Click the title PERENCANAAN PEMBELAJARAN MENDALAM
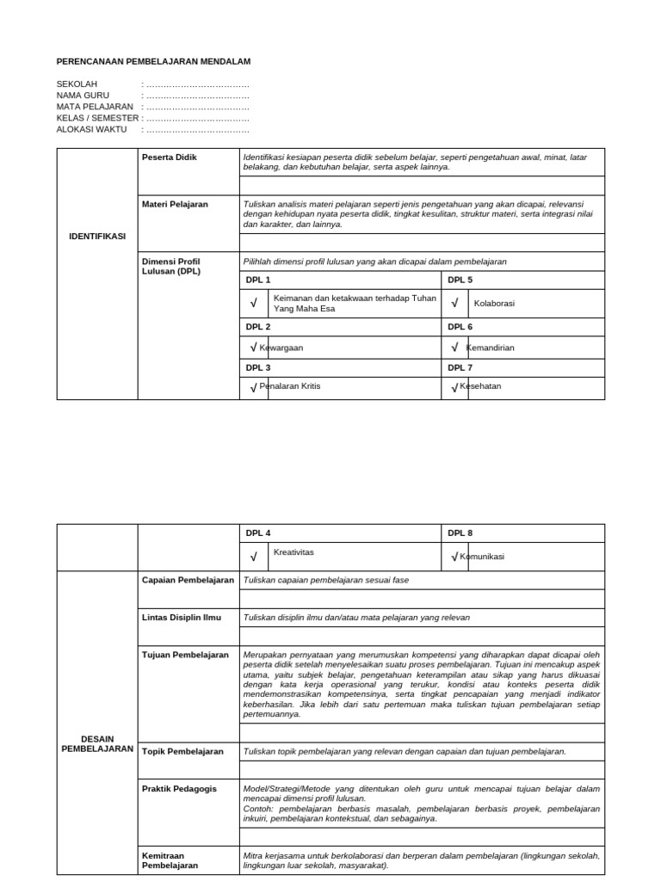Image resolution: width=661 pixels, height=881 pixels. [153, 62]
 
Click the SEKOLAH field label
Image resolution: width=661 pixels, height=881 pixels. [77, 84]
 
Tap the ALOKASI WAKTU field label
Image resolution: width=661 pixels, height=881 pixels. [91, 129]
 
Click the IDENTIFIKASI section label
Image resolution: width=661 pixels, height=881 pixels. [97, 237]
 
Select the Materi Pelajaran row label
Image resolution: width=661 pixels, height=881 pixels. [175, 204]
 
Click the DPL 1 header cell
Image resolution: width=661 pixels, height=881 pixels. [258, 280]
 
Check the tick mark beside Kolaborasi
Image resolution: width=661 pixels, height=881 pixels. [454, 303]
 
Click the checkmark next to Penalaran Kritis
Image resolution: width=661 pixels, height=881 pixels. [253, 388]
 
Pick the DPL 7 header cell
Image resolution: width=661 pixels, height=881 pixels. [460, 367]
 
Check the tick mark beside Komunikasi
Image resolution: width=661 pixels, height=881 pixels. [454, 557]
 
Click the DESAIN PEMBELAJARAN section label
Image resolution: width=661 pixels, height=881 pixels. [97, 743]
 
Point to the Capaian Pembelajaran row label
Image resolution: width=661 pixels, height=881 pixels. [188, 581]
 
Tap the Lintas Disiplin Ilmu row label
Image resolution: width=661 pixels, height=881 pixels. [182, 618]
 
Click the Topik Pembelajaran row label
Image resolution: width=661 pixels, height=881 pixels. [182, 751]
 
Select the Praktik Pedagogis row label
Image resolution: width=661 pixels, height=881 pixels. [179, 788]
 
